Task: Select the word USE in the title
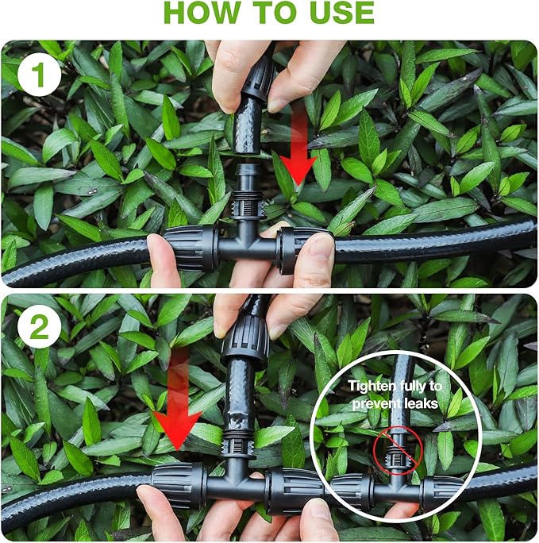(x=342, y=13)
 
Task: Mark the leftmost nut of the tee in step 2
(x=179, y=485)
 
